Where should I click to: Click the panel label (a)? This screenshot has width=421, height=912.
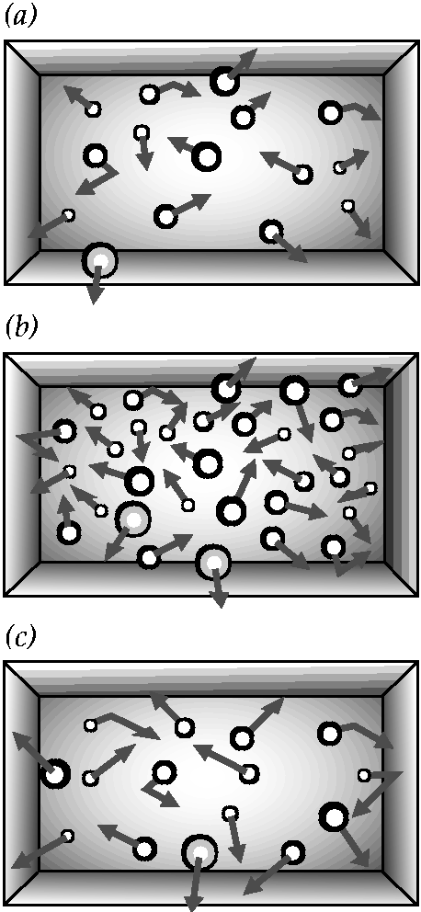point(21,17)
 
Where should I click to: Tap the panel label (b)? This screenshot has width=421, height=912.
point(21,327)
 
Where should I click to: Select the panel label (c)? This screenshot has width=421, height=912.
point(20,637)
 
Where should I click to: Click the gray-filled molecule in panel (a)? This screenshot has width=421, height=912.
point(99,260)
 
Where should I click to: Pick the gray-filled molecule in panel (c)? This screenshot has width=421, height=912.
point(199,852)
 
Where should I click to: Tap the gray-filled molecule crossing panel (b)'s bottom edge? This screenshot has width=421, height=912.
point(213,563)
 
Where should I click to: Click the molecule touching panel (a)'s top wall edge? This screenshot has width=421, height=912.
point(224,82)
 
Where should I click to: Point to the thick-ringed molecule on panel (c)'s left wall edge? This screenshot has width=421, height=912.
point(56,774)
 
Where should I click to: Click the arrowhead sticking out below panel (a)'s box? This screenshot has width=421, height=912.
point(96,295)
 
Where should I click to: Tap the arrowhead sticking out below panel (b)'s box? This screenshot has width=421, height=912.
point(219,599)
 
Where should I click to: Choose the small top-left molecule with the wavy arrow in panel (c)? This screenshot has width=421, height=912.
point(90,725)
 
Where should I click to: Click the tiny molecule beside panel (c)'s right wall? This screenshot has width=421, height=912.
point(364,775)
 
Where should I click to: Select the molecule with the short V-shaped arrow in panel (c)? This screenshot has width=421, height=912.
point(164,773)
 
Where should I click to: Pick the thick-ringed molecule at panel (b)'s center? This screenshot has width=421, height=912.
point(207,463)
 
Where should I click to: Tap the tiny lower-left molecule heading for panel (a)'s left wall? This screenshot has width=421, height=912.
point(68,215)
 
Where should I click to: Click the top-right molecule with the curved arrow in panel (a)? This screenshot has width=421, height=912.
point(331,112)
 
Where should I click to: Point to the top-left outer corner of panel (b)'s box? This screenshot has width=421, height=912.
point(6,352)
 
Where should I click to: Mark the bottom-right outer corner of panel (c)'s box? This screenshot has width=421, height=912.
point(417,905)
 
